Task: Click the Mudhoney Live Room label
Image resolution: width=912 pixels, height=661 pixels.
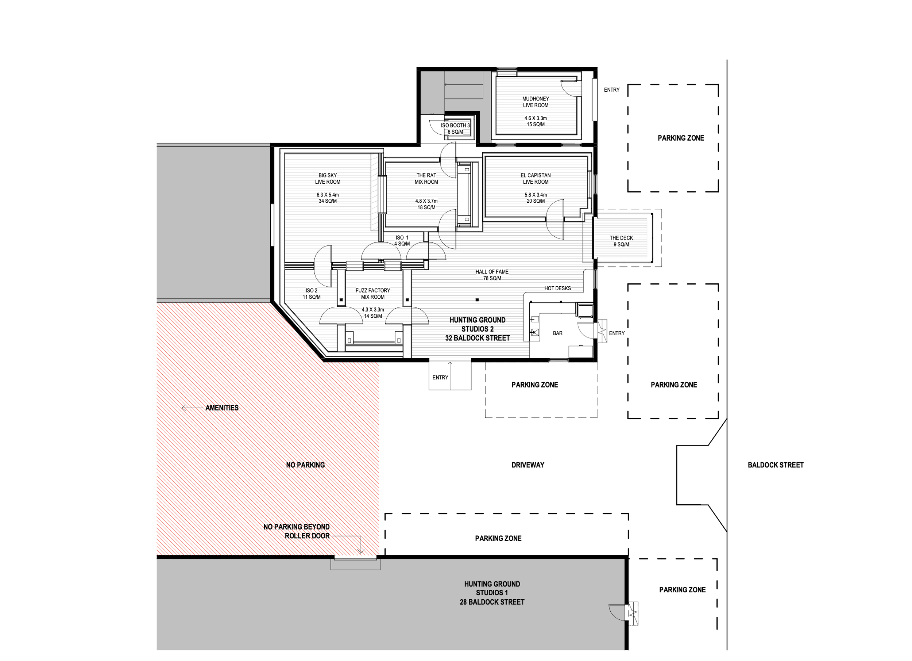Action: pyautogui.click(x=536, y=102)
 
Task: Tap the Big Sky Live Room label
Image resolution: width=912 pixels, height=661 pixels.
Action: pyautogui.click(x=328, y=179)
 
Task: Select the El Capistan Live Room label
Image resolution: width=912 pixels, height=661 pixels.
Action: pyautogui.click(x=536, y=179)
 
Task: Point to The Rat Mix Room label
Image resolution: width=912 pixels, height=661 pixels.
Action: pyautogui.click(x=426, y=179)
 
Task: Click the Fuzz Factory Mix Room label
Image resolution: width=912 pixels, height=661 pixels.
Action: pyautogui.click(x=373, y=294)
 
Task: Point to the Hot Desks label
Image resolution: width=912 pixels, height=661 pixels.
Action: pyautogui.click(x=558, y=289)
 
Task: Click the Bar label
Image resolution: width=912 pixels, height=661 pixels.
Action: pyautogui.click(x=558, y=334)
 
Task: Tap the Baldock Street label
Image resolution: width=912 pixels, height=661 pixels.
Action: pyautogui.click(x=776, y=465)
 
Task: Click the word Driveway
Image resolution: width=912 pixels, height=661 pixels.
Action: pyautogui.click(x=528, y=465)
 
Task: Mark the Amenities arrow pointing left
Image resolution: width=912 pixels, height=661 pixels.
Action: pyautogui.click(x=192, y=408)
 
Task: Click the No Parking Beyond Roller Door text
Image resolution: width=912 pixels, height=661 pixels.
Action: pyautogui.click(x=297, y=532)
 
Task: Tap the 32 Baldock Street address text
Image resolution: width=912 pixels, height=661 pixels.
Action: pyautogui.click(x=478, y=339)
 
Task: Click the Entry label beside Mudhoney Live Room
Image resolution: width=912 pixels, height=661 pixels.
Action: pyautogui.click(x=612, y=90)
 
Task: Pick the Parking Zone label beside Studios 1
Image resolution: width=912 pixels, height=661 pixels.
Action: pyautogui.click(x=683, y=590)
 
